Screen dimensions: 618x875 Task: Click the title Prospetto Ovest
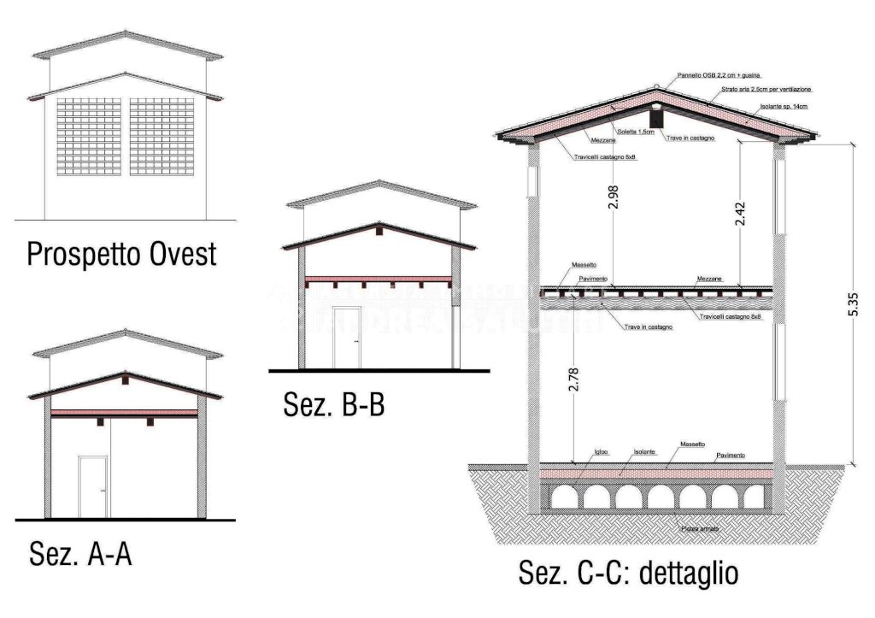click(x=121, y=254)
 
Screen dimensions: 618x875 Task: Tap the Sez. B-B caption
click(x=334, y=404)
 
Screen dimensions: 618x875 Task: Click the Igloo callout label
click(x=601, y=450)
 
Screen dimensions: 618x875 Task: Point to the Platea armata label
click(x=700, y=529)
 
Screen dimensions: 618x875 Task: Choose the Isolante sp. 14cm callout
click(x=783, y=107)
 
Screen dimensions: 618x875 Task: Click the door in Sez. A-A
click(x=92, y=486)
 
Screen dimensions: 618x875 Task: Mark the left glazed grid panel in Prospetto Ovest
click(x=88, y=137)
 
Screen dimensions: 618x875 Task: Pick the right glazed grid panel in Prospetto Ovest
click(x=162, y=137)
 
